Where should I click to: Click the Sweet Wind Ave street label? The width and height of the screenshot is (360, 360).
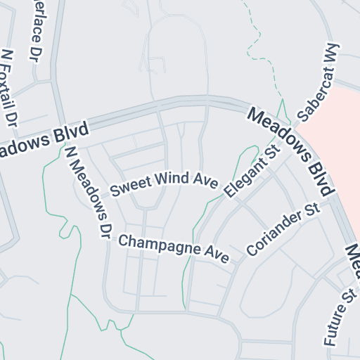162,182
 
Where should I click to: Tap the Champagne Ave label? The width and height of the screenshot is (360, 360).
174,249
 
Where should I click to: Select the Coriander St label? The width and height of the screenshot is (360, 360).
283,230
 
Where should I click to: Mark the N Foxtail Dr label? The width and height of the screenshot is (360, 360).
9,88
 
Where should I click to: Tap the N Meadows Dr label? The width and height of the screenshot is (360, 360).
88,190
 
